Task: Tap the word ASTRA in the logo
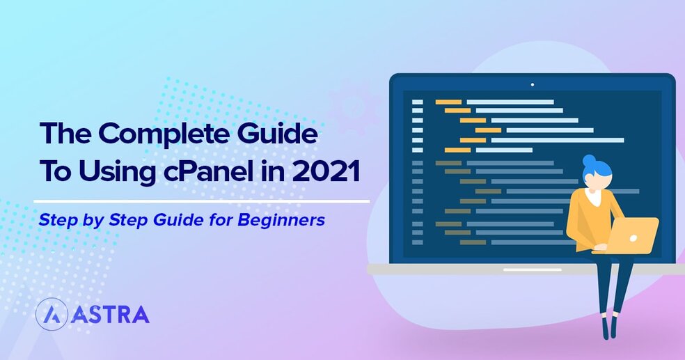(110, 315)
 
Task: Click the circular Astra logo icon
(51, 315)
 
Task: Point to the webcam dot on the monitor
(533, 85)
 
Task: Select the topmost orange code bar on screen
(448, 102)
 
